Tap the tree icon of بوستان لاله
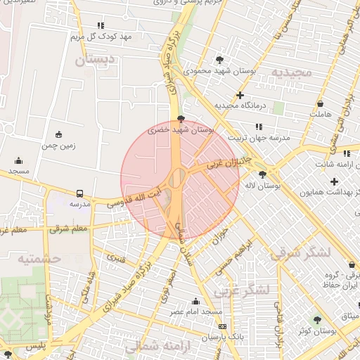(263, 174)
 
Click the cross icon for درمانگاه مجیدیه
(240, 94)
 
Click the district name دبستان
(96, 60)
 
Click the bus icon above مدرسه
(79, 193)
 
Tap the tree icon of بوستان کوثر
(317, 320)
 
